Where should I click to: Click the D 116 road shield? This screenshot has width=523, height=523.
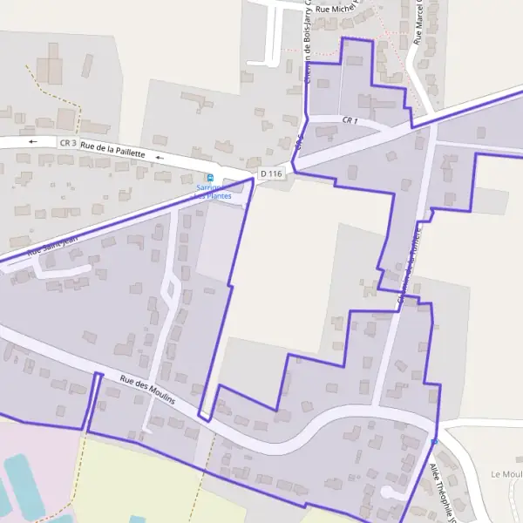[x=271, y=174]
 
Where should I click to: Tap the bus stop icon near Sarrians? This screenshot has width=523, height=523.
[x=209, y=178]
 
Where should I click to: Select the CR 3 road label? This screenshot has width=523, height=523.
[x=69, y=142]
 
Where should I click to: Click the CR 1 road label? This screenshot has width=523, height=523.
[x=350, y=120]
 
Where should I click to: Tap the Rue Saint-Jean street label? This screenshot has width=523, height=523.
[x=52, y=243]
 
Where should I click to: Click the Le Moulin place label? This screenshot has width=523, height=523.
[x=506, y=474]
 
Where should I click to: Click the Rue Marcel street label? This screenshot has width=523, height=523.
[x=425, y=22]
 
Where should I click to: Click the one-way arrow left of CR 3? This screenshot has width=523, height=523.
[x=34, y=141]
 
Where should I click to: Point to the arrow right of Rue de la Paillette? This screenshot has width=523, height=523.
[x=159, y=157]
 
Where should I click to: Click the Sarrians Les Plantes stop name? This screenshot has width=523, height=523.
[x=214, y=192]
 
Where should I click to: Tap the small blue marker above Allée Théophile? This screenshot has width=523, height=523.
[x=434, y=443]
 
